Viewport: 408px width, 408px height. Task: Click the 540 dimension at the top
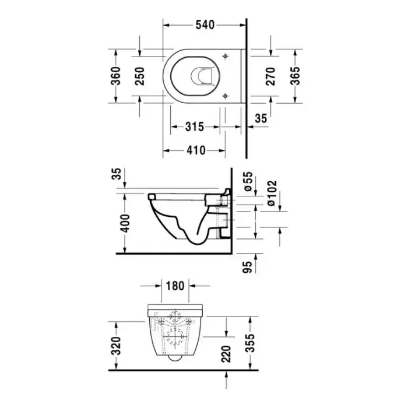(205, 24)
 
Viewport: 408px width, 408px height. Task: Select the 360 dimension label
(116, 76)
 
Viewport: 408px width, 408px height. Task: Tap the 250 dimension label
(140, 76)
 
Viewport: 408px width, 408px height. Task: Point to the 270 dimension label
(271, 76)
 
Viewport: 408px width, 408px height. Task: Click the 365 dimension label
(295, 76)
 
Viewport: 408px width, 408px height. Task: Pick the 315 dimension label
(195, 126)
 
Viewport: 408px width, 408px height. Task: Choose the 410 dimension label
(196, 150)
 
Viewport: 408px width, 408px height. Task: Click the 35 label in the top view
(261, 118)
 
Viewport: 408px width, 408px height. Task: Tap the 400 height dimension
(125, 223)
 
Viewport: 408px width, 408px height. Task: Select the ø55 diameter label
(248, 181)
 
